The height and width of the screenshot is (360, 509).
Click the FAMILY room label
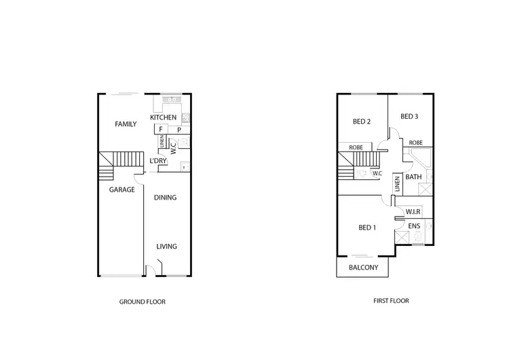(126, 124)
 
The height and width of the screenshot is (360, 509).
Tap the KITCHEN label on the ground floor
(164, 118)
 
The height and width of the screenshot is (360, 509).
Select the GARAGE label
(122, 190)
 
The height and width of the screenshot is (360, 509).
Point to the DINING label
(165, 198)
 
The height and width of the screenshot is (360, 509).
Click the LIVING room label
(166, 247)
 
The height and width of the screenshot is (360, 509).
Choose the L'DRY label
(157, 161)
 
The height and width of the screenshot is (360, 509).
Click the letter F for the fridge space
(161, 129)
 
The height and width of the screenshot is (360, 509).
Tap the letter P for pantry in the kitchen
(178, 129)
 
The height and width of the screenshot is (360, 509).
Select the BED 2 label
(361, 122)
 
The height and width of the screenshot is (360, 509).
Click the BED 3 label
(409, 116)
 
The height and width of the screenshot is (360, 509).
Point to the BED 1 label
(366, 228)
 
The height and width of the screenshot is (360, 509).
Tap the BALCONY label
(363, 268)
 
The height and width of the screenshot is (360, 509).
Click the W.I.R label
(415, 213)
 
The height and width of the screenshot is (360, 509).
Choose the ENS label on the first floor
(414, 226)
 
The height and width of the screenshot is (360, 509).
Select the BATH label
(413, 177)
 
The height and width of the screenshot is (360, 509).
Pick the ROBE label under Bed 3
(416, 143)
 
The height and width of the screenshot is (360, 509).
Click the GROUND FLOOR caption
(142, 301)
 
